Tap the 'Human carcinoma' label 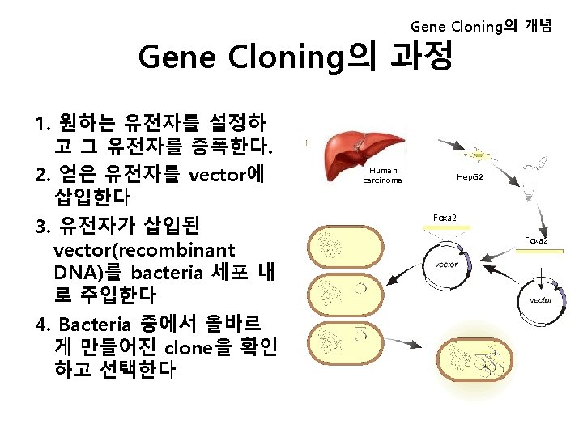(x=382, y=176)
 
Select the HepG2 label (x=470, y=176)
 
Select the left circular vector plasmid (x=447, y=266)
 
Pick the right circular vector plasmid (x=540, y=300)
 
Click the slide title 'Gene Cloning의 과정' (x=296, y=57)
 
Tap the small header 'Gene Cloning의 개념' (x=481, y=27)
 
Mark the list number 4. (x=44, y=325)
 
